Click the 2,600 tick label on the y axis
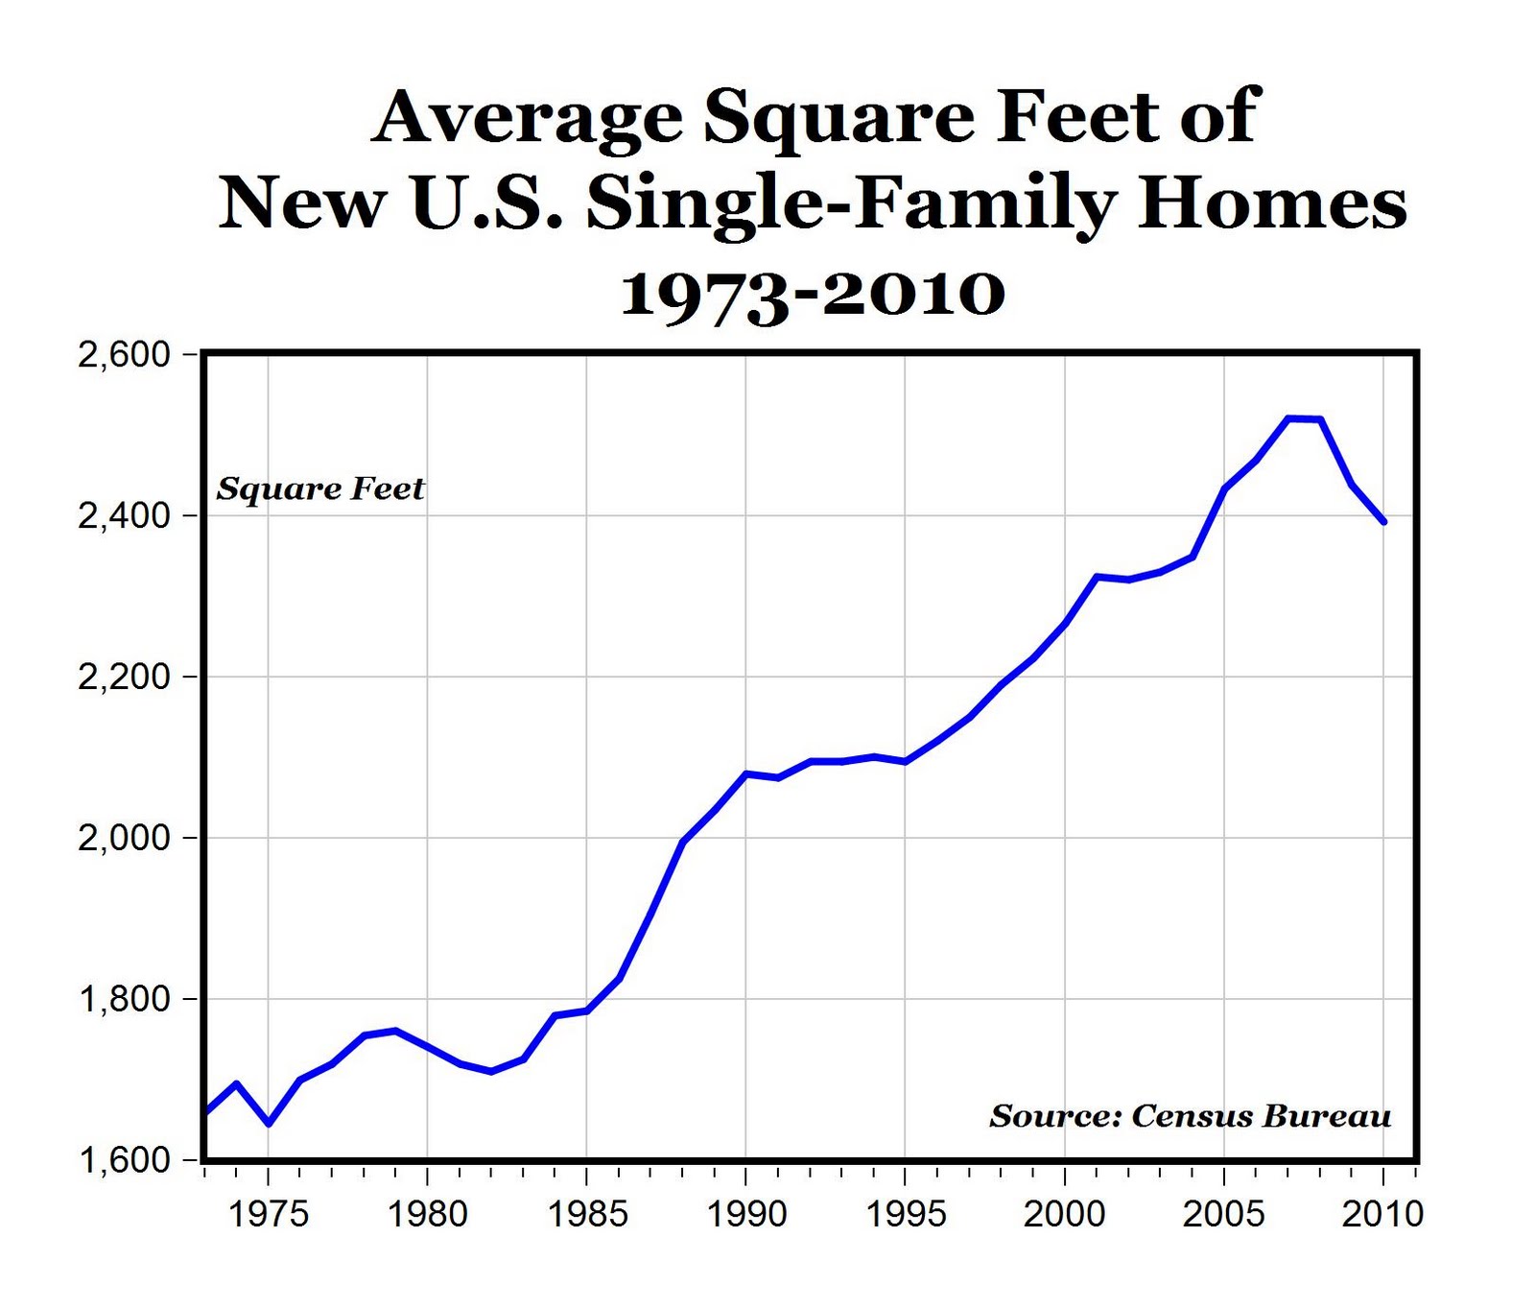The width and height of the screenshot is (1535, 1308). [x=124, y=355]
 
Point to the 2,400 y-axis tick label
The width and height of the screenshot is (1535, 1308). [x=124, y=516]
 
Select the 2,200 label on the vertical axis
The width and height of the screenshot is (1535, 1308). [x=124, y=678]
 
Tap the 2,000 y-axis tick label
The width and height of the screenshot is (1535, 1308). [x=124, y=839]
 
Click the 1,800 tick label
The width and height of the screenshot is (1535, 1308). [x=124, y=1000]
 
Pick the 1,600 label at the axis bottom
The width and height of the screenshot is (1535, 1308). [x=124, y=1161]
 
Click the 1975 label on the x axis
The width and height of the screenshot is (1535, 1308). [x=269, y=1214]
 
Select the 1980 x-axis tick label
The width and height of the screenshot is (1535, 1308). [x=428, y=1214]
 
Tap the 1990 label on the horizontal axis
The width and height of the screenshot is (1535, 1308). [x=746, y=1214]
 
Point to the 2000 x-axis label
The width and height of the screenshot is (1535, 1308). [x=1064, y=1214]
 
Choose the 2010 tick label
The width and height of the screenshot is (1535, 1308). [x=1382, y=1214]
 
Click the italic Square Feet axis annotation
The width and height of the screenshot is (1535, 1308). [x=320, y=489]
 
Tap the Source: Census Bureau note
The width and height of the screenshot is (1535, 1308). [x=1191, y=1116]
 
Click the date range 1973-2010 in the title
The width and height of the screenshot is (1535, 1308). [x=813, y=293]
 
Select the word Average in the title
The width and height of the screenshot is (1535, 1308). [x=528, y=118]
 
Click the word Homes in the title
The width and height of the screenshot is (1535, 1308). [x=1271, y=204]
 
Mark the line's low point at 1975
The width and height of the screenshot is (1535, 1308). [x=269, y=1123]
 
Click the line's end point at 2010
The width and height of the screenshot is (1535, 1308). [x=1383, y=521]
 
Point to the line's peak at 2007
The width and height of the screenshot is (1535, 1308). [x=1288, y=418]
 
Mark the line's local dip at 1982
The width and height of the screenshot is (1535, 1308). [x=491, y=1071]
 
